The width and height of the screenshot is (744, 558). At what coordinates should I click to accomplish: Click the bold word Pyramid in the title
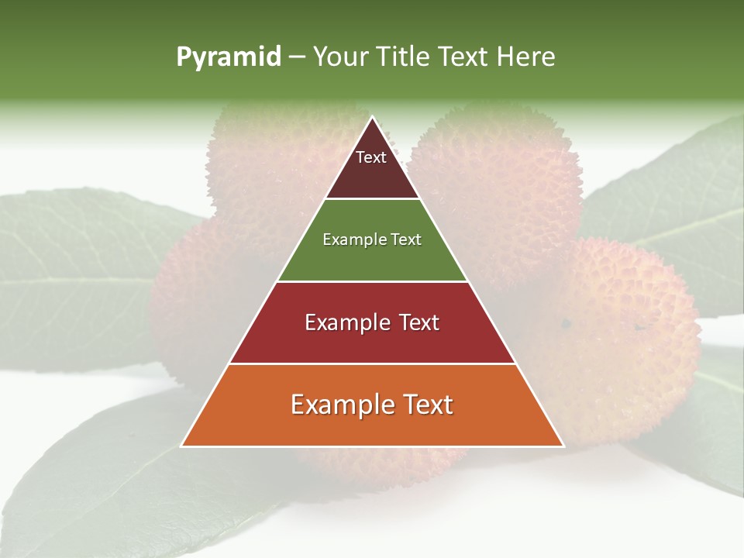pyautogui.click(x=229, y=57)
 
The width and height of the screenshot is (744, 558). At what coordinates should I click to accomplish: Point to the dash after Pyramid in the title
pyautogui.click(x=297, y=57)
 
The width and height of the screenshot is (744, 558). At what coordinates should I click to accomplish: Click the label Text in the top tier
pyautogui.click(x=371, y=157)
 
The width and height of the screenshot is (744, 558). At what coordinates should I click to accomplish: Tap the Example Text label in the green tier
pyautogui.click(x=372, y=239)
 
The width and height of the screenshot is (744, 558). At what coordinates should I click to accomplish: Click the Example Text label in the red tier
pyautogui.click(x=372, y=322)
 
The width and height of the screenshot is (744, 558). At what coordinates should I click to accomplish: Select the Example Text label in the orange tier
pyautogui.click(x=372, y=405)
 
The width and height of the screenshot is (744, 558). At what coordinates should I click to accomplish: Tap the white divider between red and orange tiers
pyautogui.click(x=372, y=363)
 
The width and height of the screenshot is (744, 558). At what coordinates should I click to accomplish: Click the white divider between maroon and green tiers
pyautogui.click(x=372, y=199)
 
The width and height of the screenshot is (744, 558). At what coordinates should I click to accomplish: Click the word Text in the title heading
pyautogui.click(x=465, y=57)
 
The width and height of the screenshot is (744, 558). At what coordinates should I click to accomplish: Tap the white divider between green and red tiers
pyautogui.click(x=372, y=281)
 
